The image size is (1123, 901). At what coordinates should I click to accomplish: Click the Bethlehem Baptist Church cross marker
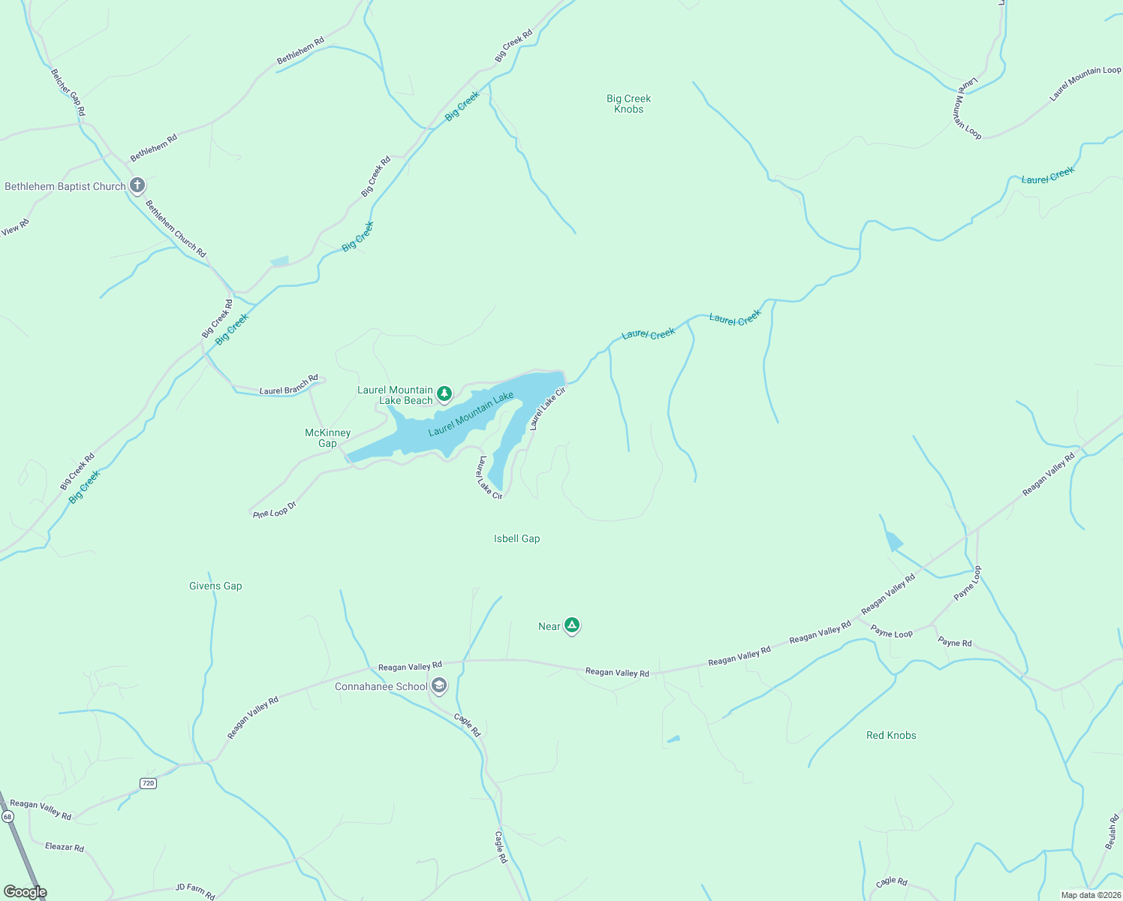[x=137, y=185]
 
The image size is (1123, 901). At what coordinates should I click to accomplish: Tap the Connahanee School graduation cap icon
[x=439, y=686]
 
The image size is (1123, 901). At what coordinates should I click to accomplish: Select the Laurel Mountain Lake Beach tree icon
[x=444, y=393]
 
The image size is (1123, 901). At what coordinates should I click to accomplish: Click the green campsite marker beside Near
[x=572, y=625]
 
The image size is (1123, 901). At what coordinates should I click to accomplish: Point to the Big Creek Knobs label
[x=628, y=104]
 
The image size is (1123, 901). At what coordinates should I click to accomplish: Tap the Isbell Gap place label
[x=516, y=538]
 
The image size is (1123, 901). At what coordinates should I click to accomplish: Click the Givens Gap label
[x=215, y=586]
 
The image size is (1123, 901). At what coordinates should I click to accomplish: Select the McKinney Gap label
[x=327, y=438]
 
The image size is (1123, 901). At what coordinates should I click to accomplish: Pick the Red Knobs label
[x=891, y=735]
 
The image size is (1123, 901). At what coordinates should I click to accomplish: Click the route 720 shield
[x=148, y=783]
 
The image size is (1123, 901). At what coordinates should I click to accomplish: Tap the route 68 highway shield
[x=8, y=816]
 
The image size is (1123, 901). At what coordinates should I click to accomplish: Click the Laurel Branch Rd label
[x=288, y=384]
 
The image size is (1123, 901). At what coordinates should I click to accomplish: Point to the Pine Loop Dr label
[x=275, y=511]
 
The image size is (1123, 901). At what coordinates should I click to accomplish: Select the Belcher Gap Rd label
[x=68, y=92]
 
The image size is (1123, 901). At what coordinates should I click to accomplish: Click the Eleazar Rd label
[x=65, y=847]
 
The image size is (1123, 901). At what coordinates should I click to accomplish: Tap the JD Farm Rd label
[x=195, y=890]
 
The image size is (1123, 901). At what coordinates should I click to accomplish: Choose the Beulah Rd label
[x=1112, y=832]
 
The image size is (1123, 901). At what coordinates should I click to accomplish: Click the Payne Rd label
[x=955, y=642]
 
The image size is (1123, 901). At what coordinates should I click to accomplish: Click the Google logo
[x=25, y=892]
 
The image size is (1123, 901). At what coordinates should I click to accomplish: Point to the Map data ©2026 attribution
[x=1090, y=895]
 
